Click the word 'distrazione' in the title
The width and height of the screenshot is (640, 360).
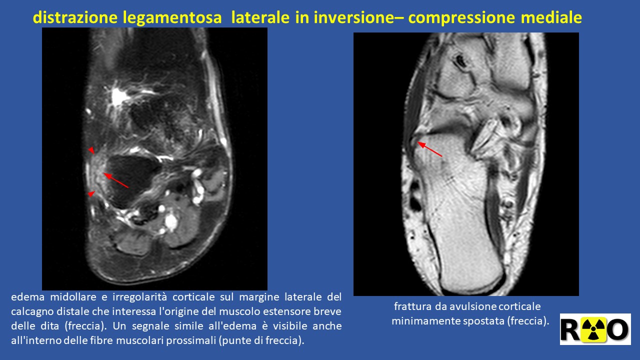pos(75,17)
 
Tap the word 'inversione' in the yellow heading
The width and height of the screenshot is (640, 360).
pos(354,17)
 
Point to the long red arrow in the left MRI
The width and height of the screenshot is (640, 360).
pos(115,180)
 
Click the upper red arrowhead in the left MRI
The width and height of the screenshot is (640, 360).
pos(91,150)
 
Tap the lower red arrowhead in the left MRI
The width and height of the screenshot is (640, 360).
pos(91,194)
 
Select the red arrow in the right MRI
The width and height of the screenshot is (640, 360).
pos(429,149)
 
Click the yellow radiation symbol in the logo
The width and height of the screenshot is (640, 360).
pos(593,329)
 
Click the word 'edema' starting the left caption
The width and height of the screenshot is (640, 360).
pos(27,297)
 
